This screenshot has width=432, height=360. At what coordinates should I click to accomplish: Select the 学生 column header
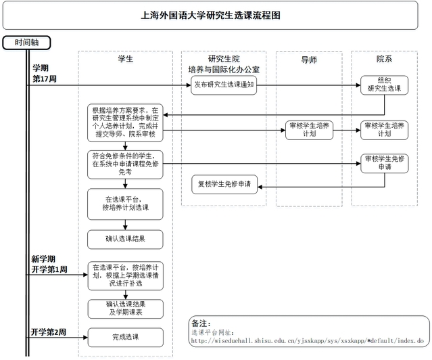pos(125,60)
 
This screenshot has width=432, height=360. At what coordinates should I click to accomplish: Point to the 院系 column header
pos(385,60)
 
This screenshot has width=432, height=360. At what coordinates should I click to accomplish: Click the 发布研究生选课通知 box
pos(224,86)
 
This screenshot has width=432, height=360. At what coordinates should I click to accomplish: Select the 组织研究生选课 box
pos(384,85)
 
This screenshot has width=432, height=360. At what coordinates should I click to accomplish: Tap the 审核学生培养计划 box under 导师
pos(308,130)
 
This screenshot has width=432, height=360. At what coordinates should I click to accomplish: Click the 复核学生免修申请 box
pos(224,184)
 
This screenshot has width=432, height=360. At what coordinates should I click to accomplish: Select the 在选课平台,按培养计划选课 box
pos(125,204)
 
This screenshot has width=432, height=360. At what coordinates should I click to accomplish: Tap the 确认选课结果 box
pos(125,239)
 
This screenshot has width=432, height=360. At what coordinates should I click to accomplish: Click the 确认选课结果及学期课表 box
pos(125,308)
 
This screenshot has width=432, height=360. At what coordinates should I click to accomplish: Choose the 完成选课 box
pos(125,336)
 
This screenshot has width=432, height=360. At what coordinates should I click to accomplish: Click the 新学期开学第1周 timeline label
pos(49,264)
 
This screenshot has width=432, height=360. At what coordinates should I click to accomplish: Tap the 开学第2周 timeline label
pos(49,332)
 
